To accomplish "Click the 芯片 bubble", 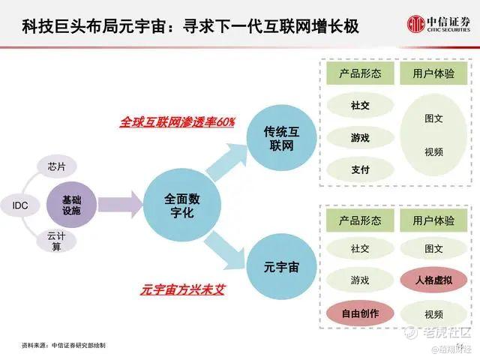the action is click(x=57, y=166).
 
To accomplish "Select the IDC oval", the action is click(x=20, y=205).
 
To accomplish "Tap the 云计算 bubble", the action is click(x=56, y=241).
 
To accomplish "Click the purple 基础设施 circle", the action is click(x=72, y=205).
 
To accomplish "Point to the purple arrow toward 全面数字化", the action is click(x=120, y=205).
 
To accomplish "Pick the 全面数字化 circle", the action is click(x=182, y=205).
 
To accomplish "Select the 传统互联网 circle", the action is click(x=281, y=138).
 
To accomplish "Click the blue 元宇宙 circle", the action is click(x=281, y=267).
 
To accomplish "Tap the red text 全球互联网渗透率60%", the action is click(x=177, y=122).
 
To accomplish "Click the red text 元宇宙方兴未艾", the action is click(x=183, y=289).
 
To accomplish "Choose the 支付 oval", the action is click(x=360, y=169).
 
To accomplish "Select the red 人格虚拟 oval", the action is click(x=433, y=280).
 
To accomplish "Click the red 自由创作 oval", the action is click(x=360, y=313).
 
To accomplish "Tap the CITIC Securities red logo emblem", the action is click(x=416, y=23).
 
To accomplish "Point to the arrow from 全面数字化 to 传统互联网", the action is click(x=226, y=161).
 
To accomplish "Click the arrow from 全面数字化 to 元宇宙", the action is click(x=225, y=250).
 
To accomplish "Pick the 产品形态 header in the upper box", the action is click(x=360, y=73).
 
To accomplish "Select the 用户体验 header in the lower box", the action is click(x=433, y=220).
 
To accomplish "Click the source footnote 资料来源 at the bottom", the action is click(x=64, y=345).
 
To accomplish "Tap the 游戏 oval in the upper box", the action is click(x=360, y=138).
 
